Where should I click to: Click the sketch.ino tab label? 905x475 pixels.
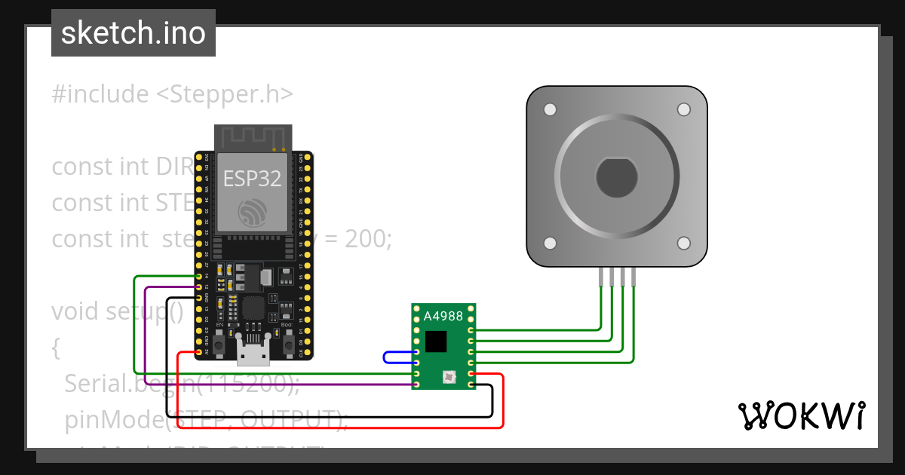(x=133, y=33)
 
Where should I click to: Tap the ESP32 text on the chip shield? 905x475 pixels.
(x=252, y=179)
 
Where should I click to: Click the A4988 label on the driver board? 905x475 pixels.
(x=443, y=317)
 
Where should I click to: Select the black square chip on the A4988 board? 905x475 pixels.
(x=436, y=342)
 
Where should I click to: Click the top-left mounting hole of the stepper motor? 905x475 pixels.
(x=551, y=110)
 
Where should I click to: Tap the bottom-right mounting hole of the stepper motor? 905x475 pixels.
(x=683, y=244)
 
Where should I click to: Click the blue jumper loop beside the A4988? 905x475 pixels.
(x=386, y=357)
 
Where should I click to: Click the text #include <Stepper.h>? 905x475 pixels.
(x=172, y=94)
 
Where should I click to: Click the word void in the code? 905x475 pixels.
(x=76, y=311)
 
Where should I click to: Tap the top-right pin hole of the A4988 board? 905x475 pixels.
(x=471, y=308)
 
